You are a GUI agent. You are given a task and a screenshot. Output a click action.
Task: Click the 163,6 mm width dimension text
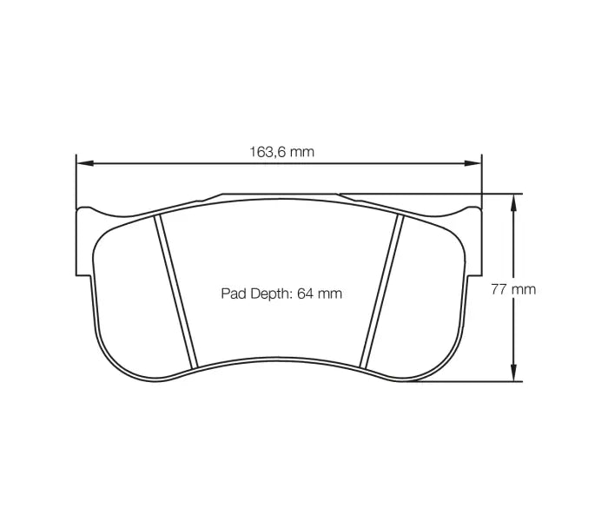coord(282,151)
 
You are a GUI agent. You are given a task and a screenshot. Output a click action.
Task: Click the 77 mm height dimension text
coord(513,289)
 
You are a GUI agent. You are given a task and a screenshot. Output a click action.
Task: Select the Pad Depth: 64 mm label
coord(281,293)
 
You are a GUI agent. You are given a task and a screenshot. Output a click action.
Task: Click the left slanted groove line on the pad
coord(176,291)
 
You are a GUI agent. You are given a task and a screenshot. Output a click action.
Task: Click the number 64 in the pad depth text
coord(305,293)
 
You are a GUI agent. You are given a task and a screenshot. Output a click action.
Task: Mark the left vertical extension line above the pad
coord(76,178)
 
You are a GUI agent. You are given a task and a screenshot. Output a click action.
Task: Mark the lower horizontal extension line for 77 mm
coord(460,381)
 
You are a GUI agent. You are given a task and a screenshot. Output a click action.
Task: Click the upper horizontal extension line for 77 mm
coord(434,194)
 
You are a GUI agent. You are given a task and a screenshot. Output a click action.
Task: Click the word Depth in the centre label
coord(272,293)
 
